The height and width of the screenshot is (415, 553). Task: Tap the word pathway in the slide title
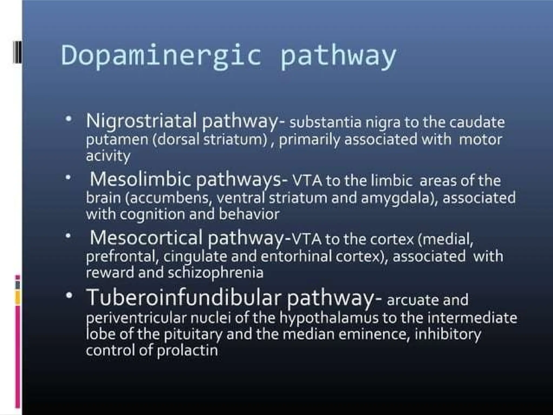[338, 57]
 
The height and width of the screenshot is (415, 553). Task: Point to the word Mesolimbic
[140, 179]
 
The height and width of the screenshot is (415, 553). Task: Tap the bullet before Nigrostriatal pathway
[69, 119]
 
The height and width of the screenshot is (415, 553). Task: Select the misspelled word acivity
[108, 156]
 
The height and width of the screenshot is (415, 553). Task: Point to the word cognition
[151, 215]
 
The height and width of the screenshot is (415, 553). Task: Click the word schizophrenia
[215, 273]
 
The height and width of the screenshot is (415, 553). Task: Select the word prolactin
[187, 351]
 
